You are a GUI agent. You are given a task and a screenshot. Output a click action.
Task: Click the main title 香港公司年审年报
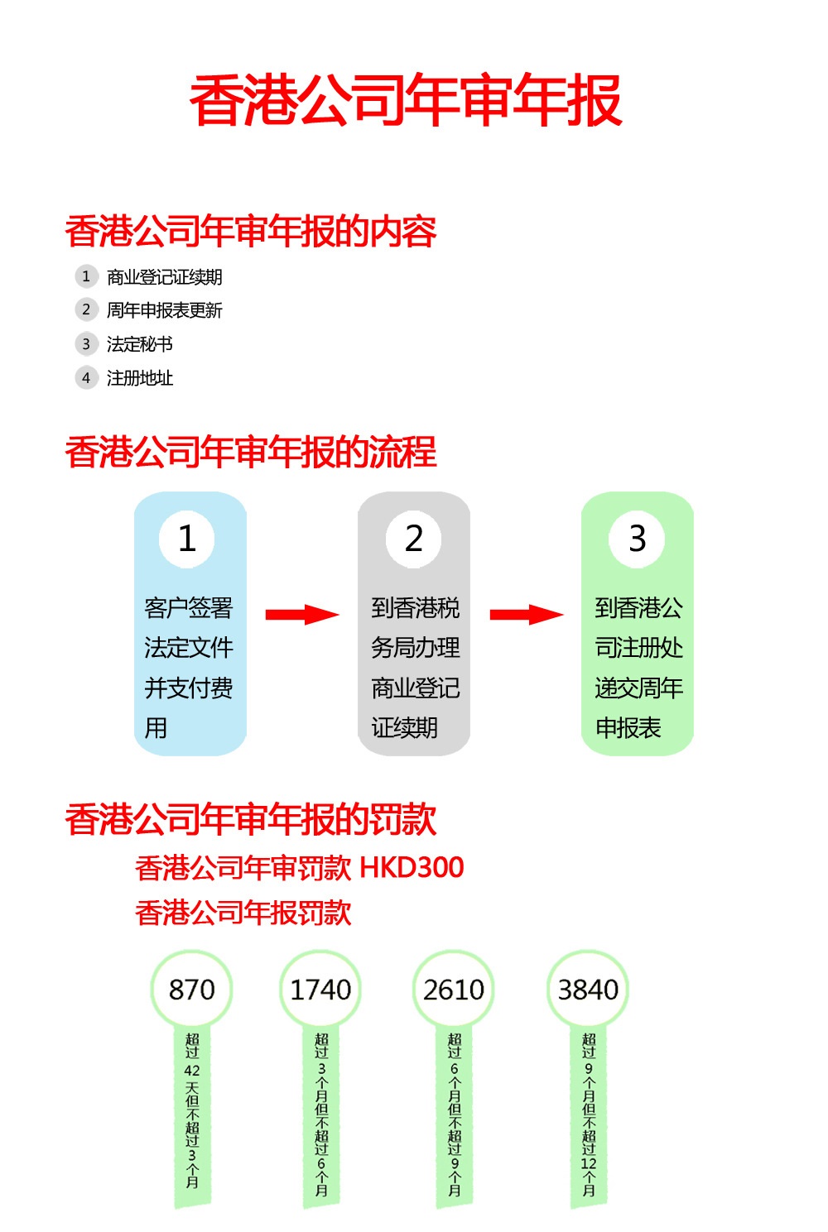click(x=406, y=101)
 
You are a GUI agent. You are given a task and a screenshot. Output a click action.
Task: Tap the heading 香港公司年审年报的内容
click(x=251, y=232)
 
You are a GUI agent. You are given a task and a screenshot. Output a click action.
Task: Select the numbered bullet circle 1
click(x=86, y=276)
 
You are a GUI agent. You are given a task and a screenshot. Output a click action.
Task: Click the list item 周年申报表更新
click(x=164, y=310)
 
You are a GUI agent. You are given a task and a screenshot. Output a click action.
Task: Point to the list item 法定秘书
click(x=139, y=344)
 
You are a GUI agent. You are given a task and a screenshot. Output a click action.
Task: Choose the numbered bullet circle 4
click(x=86, y=378)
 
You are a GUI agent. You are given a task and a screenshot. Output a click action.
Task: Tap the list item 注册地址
click(x=139, y=378)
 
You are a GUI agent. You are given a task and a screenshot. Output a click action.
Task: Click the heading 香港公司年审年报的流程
click(x=251, y=453)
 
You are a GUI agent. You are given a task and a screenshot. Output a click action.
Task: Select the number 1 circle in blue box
click(x=187, y=539)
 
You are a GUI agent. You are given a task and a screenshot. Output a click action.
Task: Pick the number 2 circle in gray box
click(x=414, y=539)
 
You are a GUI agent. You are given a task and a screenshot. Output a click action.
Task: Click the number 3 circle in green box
click(x=637, y=539)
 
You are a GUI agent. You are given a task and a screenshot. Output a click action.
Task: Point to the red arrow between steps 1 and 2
click(x=302, y=615)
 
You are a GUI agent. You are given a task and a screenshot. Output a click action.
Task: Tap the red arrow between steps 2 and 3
click(x=527, y=615)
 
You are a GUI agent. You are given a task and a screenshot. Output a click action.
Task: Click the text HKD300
click(x=412, y=867)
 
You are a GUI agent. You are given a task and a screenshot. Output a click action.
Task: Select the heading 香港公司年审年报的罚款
click(x=251, y=819)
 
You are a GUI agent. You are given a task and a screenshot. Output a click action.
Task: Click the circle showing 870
click(x=191, y=990)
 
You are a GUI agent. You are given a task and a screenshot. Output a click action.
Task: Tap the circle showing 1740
click(x=320, y=990)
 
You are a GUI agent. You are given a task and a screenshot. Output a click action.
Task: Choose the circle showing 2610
click(x=454, y=990)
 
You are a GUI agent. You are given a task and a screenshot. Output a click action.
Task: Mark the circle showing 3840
click(x=588, y=990)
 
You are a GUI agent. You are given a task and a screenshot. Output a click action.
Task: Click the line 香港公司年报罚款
click(x=243, y=913)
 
